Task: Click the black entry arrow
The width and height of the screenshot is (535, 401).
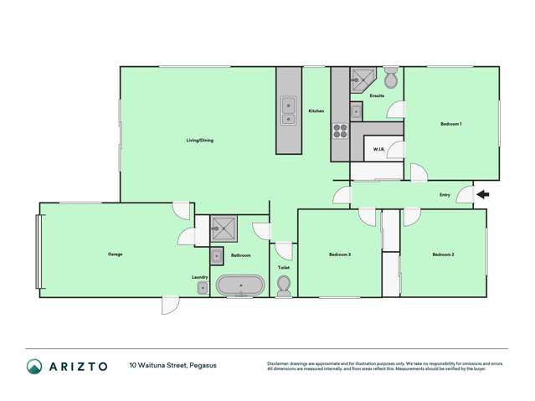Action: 483,195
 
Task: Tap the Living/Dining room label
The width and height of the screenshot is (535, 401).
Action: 199,140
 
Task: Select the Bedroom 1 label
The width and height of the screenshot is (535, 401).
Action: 451,124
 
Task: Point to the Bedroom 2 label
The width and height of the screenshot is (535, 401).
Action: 443,254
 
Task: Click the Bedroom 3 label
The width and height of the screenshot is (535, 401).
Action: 339,254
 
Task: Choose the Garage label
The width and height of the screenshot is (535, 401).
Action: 115,254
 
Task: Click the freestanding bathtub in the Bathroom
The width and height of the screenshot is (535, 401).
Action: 241,286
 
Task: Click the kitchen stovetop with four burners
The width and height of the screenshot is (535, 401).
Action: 341,131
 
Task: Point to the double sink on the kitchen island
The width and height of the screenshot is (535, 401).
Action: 288,111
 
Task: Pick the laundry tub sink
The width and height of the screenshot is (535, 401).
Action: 203,288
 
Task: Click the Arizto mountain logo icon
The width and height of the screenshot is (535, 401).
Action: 34,366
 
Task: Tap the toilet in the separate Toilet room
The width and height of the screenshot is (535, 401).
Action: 284,286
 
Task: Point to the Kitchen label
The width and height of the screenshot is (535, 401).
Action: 316,111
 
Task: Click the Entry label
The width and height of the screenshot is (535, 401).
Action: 445,195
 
